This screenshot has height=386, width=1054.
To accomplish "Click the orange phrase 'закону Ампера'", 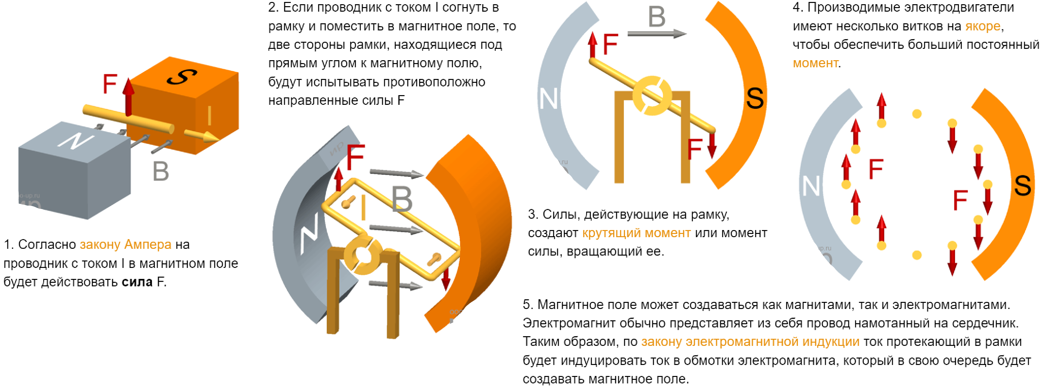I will (x=125, y=245).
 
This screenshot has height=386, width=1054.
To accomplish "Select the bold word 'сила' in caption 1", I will (x=137, y=282).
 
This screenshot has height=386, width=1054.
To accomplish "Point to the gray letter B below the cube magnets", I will (x=161, y=171).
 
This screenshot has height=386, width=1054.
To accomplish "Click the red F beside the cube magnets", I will (x=110, y=84).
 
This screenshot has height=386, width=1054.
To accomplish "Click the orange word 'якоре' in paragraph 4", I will (x=982, y=26).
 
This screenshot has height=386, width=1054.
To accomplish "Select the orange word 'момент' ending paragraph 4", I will (x=815, y=63).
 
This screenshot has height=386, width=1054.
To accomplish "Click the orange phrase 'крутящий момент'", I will (x=636, y=233).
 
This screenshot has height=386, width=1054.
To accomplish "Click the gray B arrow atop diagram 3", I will (x=657, y=34).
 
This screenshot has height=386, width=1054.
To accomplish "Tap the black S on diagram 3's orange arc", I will (x=755, y=98).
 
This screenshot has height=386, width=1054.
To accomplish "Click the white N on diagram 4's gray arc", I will (x=811, y=186).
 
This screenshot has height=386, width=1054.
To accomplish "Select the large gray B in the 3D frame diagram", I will (x=402, y=200).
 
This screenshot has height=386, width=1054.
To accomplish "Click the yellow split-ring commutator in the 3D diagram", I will (x=363, y=255).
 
